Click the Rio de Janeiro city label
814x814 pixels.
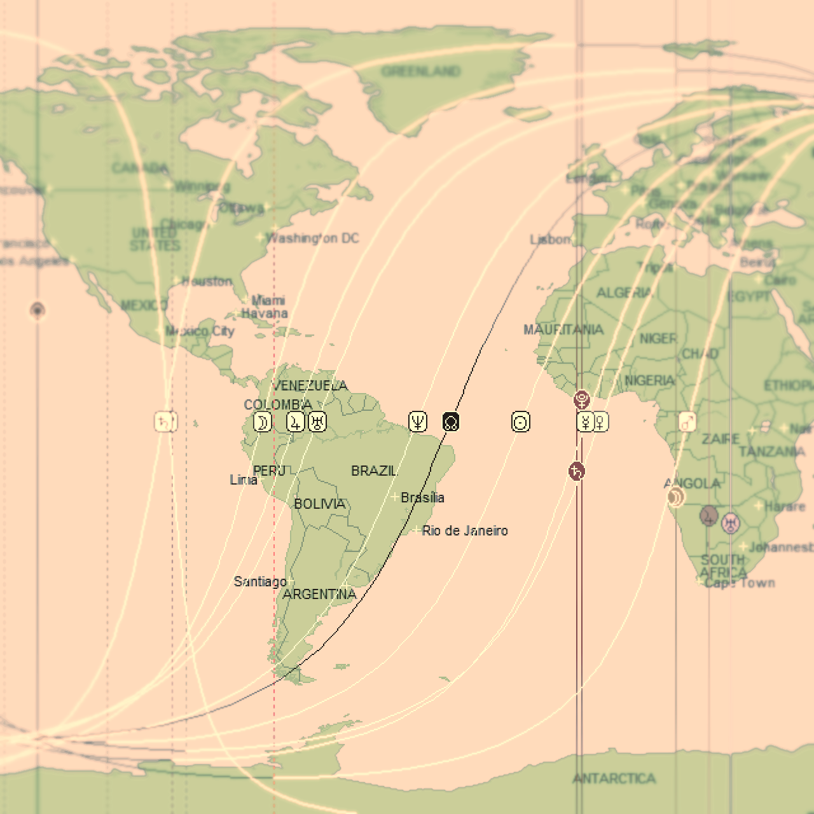pos(465,531)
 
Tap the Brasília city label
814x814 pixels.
pos(422,497)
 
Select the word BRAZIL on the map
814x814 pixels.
pos(374,471)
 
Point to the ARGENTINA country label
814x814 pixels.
pos(319,595)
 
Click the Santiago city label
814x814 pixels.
pos(260,581)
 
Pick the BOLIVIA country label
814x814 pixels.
pos(319,504)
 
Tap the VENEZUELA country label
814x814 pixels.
pos(310,385)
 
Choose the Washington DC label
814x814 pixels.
pos(312,238)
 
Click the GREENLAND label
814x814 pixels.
pos(421,71)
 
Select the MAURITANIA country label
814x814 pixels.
pos(563,329)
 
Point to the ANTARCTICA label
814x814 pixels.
pos(614,778)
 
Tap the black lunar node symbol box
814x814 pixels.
pos(451,422)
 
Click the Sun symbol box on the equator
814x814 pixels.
pos(521,422)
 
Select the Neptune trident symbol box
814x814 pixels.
pos(418,422)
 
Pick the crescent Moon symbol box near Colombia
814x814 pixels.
pos(262,422)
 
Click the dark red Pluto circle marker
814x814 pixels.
pos(581,400)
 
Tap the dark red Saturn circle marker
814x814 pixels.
pos(576,471)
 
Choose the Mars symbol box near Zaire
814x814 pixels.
pos(687,422)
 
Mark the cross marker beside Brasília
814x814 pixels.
pos(395,497)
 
